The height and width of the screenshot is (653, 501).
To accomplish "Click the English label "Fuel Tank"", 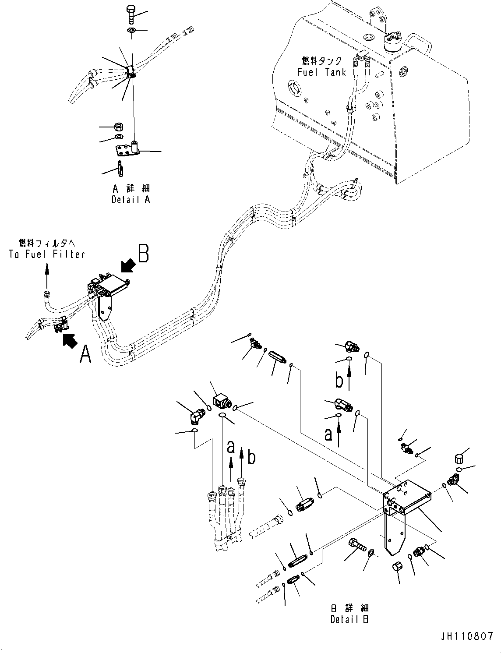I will coord(321,72).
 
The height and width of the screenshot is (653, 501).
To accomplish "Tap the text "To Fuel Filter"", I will coord(46,254).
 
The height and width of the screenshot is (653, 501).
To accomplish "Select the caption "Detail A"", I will coord(131,200).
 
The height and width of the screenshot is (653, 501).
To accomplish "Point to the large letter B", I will coord(144,254).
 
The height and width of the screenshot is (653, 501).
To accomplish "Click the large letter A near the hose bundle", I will coord(85,354).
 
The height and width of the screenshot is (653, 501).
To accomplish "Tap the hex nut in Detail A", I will coord(117,127).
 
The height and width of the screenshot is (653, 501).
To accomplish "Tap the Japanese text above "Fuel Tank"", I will coord(321,61).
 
